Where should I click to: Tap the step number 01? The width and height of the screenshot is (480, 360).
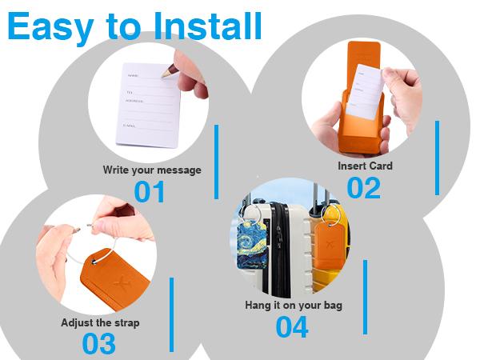coord(150,192)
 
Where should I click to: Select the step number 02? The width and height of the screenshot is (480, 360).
coord(364,187)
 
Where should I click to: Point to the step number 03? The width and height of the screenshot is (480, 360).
coord(99,343)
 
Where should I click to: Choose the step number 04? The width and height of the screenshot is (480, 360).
coord(293,326)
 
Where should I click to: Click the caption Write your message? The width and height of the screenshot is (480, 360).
coord(152,170)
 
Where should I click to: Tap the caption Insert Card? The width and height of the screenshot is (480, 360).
coord(365,166)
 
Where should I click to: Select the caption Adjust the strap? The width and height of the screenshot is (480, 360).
coord(100,323)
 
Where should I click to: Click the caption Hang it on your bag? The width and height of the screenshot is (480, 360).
coord(294,306)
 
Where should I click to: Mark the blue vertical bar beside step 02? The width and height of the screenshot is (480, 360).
coord(437,158)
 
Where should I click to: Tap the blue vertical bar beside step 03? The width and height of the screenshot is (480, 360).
coord(171,314)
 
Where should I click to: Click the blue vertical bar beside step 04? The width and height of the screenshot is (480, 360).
coord(366,296)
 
